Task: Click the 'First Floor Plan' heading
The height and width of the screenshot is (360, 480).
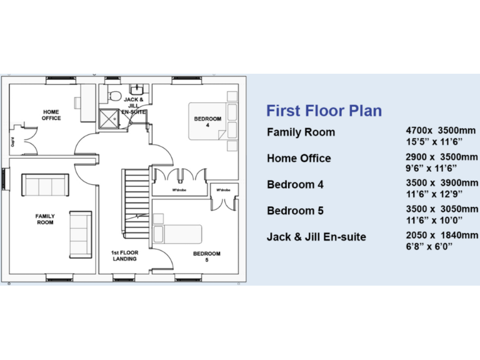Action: pos(324,111)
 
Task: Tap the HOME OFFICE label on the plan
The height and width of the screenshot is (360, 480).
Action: pos(51,115)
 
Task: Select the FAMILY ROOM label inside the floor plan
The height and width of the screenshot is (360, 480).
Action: pos(44,219)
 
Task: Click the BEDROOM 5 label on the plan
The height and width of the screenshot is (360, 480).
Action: pos(206,256)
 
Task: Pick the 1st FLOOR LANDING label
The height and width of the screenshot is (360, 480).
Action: pos(125,256)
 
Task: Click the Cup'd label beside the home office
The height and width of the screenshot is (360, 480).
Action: pos(13,142)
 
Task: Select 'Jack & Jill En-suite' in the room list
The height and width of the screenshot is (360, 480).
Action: pos(316,237)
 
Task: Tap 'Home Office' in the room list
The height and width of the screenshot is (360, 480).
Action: pos(299,158)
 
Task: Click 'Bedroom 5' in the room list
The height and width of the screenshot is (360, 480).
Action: pos(295,211)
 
